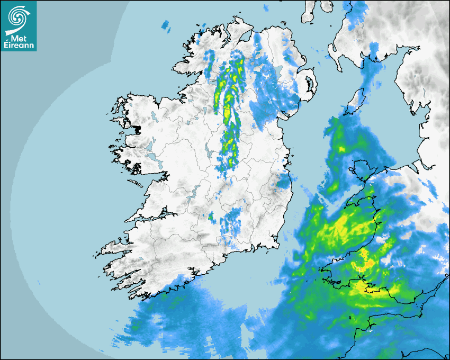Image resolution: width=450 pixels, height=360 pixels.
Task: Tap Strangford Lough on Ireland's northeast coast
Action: coord(310,84)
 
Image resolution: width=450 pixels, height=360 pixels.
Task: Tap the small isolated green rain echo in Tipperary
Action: coord(211,216)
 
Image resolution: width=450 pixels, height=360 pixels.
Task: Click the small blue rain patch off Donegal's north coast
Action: coord(166,24)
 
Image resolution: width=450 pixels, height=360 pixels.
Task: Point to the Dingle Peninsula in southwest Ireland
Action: coord(114,248)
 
